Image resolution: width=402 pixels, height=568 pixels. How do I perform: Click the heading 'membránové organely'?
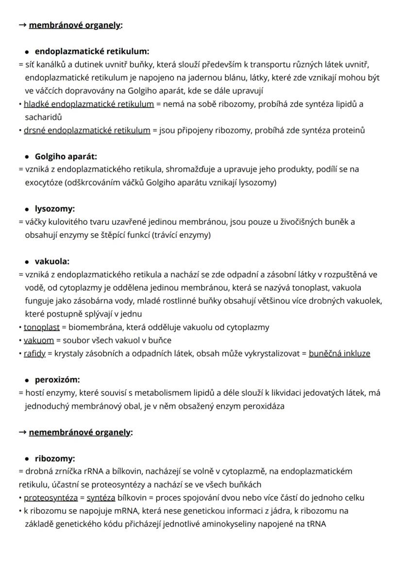pos(75,25)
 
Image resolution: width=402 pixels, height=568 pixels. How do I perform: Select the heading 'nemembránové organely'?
pos(80,432)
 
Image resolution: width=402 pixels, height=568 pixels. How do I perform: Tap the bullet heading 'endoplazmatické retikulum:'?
pos(92,51)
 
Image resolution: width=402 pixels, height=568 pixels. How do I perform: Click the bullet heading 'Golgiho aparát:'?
pos(66,156)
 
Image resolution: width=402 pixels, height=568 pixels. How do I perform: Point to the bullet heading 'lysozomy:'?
pos(55,209)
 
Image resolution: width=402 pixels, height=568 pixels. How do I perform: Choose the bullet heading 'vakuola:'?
pos(52,261)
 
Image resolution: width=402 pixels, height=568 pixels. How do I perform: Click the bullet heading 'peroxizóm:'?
pos(57,379)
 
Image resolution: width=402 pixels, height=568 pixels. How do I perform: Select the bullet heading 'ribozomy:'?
pos(55,458)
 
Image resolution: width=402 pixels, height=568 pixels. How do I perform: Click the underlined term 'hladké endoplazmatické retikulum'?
pos(89,104)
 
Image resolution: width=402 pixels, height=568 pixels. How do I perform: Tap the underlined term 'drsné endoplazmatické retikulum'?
pos(87,130)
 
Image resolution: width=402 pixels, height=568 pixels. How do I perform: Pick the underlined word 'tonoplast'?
pos(42,327)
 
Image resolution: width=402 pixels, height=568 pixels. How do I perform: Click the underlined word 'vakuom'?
pos(39,340)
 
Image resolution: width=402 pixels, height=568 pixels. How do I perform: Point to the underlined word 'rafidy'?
pos(34,353)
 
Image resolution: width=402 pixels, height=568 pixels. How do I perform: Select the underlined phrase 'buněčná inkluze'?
pos(339,353)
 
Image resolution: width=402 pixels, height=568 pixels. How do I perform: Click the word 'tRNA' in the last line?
pos(317,524)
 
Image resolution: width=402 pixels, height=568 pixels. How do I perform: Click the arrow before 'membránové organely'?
pos(22,25)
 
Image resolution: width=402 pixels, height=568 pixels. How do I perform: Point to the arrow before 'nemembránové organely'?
pos(22,432)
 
